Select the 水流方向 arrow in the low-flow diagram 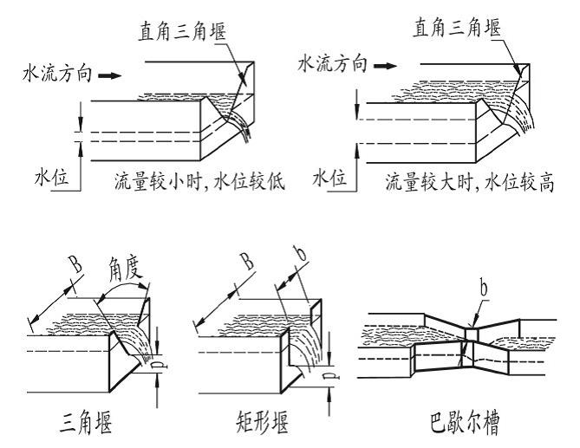(x=109, y=76)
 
